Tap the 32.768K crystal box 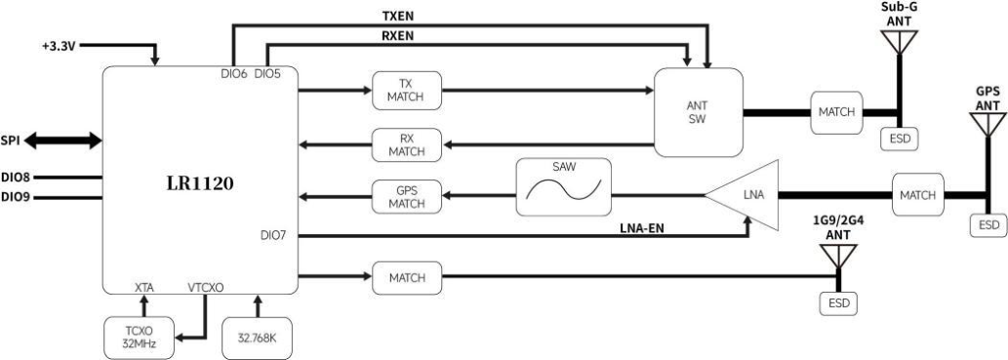tap(258, 338)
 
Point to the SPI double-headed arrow tap(63, 141)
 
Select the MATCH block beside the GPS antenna tap(917, 194)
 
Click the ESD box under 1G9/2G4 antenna tap(838, 302)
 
